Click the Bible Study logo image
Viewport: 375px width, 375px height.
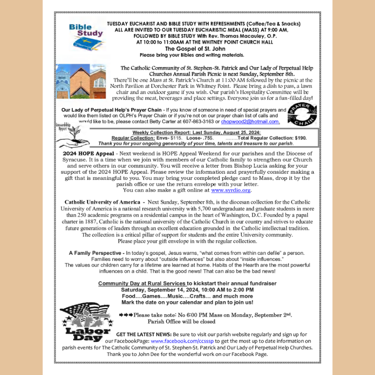(86, 37)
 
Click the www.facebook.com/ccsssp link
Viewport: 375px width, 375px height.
(182, 341)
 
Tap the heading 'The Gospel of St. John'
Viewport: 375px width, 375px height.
(195, 49)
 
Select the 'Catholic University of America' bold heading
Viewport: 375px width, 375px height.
(102, 202)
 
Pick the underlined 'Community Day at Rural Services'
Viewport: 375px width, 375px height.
(142, 283)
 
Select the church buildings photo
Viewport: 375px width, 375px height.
(81, 81)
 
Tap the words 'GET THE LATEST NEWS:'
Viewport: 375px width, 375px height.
(144, 334)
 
